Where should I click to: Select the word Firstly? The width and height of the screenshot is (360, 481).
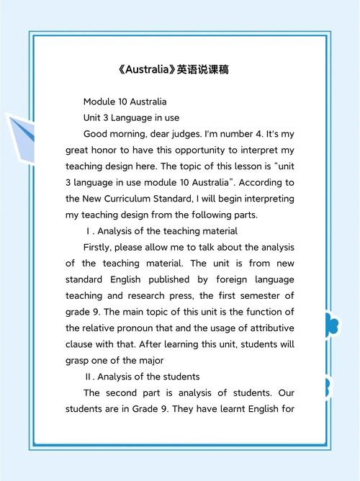click(x=100, y=247)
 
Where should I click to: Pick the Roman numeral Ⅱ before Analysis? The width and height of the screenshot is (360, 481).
click(x=89, y=377)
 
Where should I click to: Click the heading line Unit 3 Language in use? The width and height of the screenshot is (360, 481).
click(x=131, y=117)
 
